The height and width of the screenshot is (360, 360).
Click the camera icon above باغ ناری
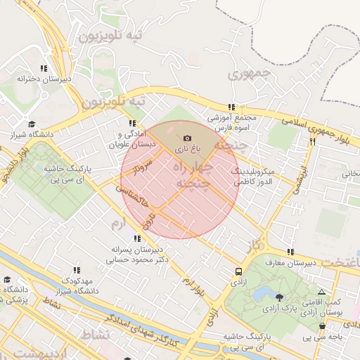click(186, 139)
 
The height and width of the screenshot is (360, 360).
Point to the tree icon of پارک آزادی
click(280, 297)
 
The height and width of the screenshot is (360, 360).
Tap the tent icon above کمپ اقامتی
click(321, 292)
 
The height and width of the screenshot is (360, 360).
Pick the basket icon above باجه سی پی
click(322, 326)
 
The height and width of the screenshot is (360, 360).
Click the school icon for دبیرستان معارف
click(290, 252)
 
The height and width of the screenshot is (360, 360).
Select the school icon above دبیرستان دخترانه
click(44, 68)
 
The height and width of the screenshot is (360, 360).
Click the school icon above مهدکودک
click(77, 269)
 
